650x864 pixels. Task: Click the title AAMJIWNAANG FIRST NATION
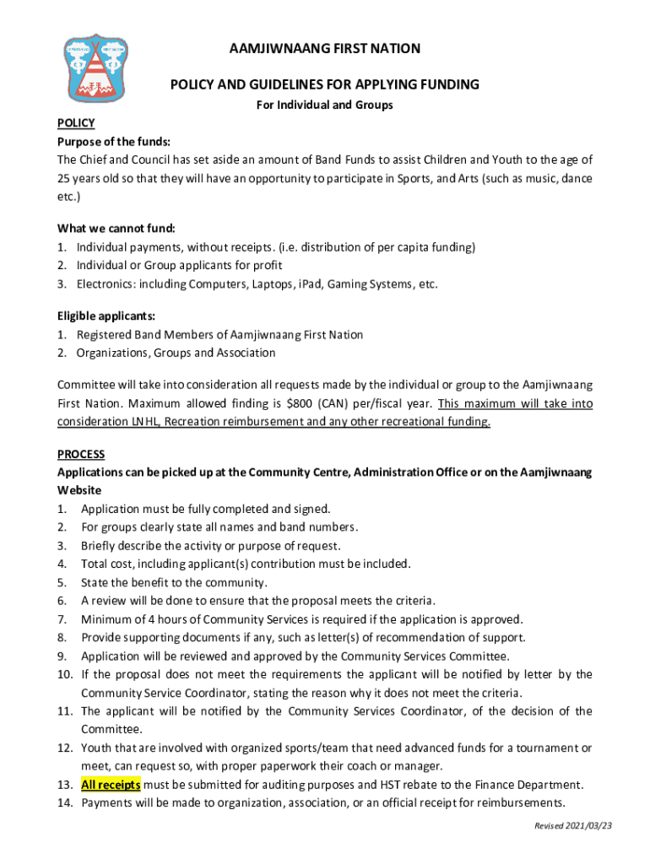click(x=325, y=49)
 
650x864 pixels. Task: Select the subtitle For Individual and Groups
click(x=325, y=105)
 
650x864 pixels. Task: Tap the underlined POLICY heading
click(x=75, y=123)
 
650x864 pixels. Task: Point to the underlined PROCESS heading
click(x=81, y=454)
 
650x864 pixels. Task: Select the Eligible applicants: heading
click(x=106, y=316)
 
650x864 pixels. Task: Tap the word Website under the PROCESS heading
click(x=79, y=490)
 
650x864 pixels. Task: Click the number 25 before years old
click(x=64, y=178)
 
